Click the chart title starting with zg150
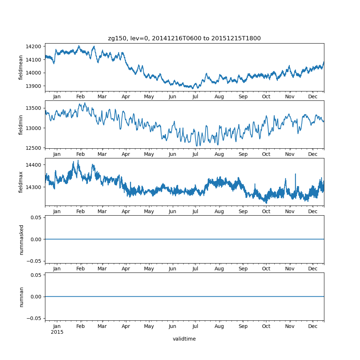[x=184, y=38]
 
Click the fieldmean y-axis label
[x=21, y=67]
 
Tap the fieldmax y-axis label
[x=21, y=182]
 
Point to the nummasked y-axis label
[x=21, y=239]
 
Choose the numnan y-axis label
[x=21, y=297]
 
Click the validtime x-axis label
[x=184, y=339]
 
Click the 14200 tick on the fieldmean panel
[x=33, y=46]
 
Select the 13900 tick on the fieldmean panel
[x=33, y=86]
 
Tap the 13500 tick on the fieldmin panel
[x=33, y=108]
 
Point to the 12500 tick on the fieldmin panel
[x=33, y=148]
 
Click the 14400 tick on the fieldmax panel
[x=33, y=165]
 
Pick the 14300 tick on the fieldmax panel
[x=33, y=187]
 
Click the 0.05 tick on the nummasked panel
[x=36, y=217]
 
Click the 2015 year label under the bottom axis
[x=57, y=332]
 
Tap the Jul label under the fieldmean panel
[x=195, y=97]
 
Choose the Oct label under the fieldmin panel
[x=266, y=154]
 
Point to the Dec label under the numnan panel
[x=313, y=326]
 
